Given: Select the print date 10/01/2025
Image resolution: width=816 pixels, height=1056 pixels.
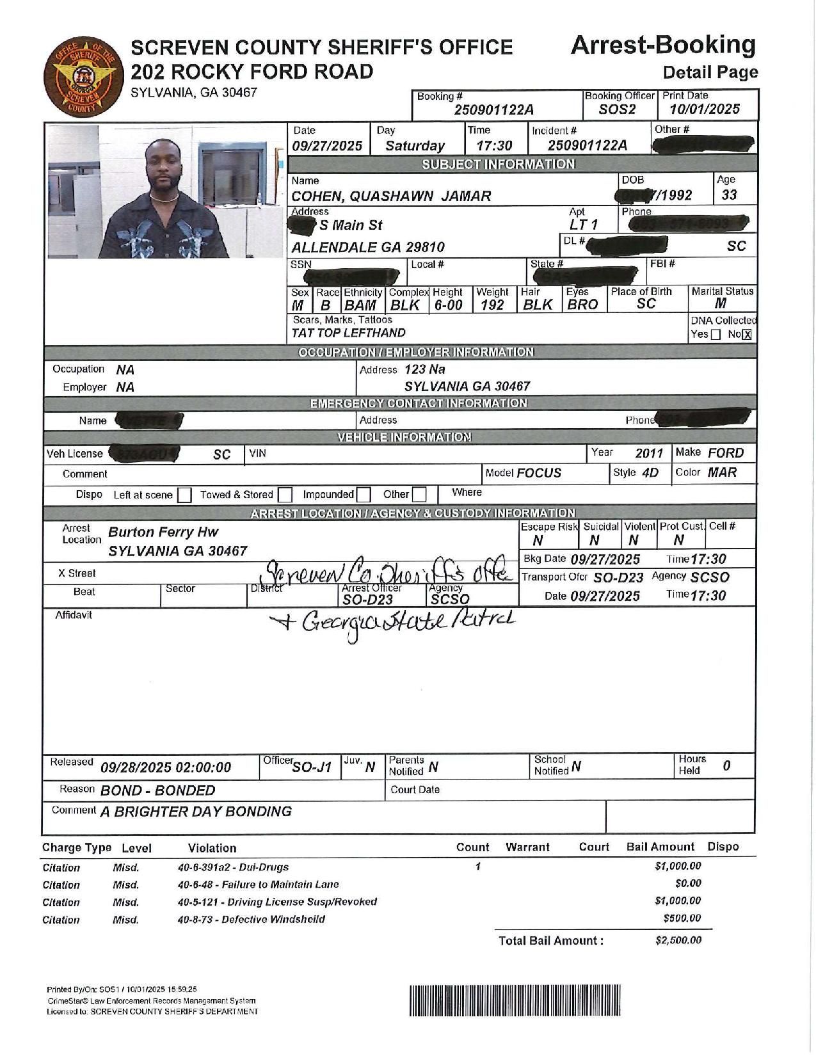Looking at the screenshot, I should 704,109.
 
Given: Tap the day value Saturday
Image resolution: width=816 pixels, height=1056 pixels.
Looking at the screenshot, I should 415,145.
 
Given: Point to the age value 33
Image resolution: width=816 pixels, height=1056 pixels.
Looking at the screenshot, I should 729,195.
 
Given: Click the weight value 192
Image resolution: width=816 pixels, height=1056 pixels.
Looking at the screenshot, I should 492,305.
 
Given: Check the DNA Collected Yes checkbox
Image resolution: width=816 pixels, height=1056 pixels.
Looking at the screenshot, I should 716,335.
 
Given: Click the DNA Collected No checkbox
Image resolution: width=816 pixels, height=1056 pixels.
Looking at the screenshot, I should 747,335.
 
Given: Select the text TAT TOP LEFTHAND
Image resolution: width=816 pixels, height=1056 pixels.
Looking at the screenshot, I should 349,333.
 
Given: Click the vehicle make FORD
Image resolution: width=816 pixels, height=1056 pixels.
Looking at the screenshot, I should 726,453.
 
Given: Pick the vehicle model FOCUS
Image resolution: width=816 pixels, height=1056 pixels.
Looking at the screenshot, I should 539,473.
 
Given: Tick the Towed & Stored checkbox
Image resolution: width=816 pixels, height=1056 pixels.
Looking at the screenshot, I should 285,495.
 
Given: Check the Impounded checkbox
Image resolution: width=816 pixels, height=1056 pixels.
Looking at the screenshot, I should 364,495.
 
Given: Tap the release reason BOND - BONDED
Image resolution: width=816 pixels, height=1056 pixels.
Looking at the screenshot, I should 158,790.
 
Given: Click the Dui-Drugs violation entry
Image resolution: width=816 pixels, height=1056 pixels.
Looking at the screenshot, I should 233,867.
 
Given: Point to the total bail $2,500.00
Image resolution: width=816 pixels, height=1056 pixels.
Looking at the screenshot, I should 678,940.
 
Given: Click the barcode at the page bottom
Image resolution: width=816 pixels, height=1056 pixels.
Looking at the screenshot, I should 515,1000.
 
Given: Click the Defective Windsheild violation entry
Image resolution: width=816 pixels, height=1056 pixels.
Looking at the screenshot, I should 251,919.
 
